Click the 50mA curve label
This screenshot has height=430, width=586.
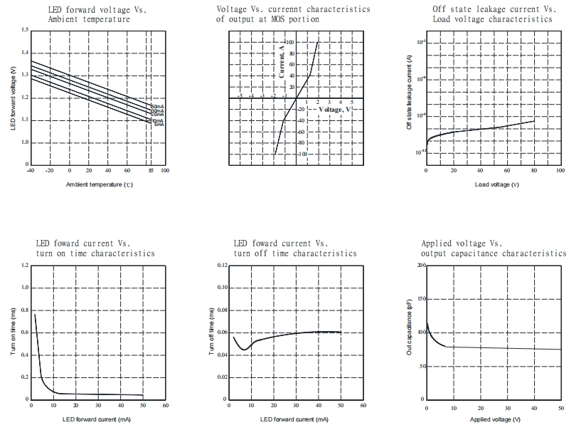pos(158,107)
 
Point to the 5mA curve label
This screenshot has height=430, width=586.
pos(158,125)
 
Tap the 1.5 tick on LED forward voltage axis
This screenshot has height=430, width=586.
pos(25,30)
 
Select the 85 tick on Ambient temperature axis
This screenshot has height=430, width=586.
pos(151,171)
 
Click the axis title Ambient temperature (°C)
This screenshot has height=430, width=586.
pos(100,184)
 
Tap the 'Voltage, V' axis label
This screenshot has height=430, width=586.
pos(336,110)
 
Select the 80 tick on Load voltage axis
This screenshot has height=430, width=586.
pos(533,171)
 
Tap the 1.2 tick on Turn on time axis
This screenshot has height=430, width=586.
pos(25,266)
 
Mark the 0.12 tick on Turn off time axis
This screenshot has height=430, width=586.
pos(222,266)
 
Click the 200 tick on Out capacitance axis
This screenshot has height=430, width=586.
pos(420,266)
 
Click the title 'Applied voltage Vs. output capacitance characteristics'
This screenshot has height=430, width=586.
pos(494,248)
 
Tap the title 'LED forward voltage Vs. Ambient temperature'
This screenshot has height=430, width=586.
pos(89,14)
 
